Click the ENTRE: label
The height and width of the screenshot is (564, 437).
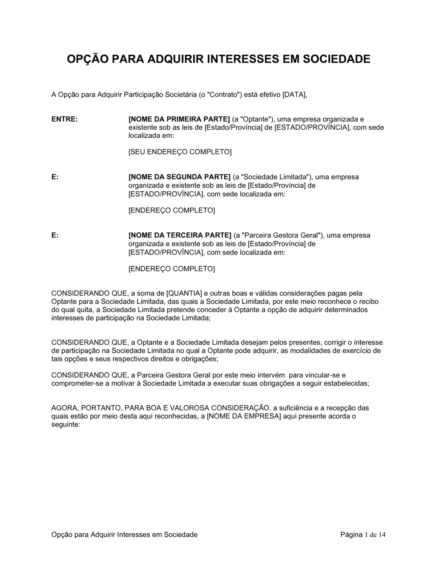coord(65,119)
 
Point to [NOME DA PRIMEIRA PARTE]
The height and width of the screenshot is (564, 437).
coord(179,119)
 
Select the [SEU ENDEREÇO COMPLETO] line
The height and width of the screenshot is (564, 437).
coord(180,152)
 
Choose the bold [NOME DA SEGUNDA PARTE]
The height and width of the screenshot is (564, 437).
coord(179,177)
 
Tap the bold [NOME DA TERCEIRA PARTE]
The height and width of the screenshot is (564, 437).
coord(180,235)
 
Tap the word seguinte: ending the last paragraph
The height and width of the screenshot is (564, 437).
coord(66,425)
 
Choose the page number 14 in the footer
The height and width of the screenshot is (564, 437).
coord(382,535)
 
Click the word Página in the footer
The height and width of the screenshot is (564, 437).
coord(351,535)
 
